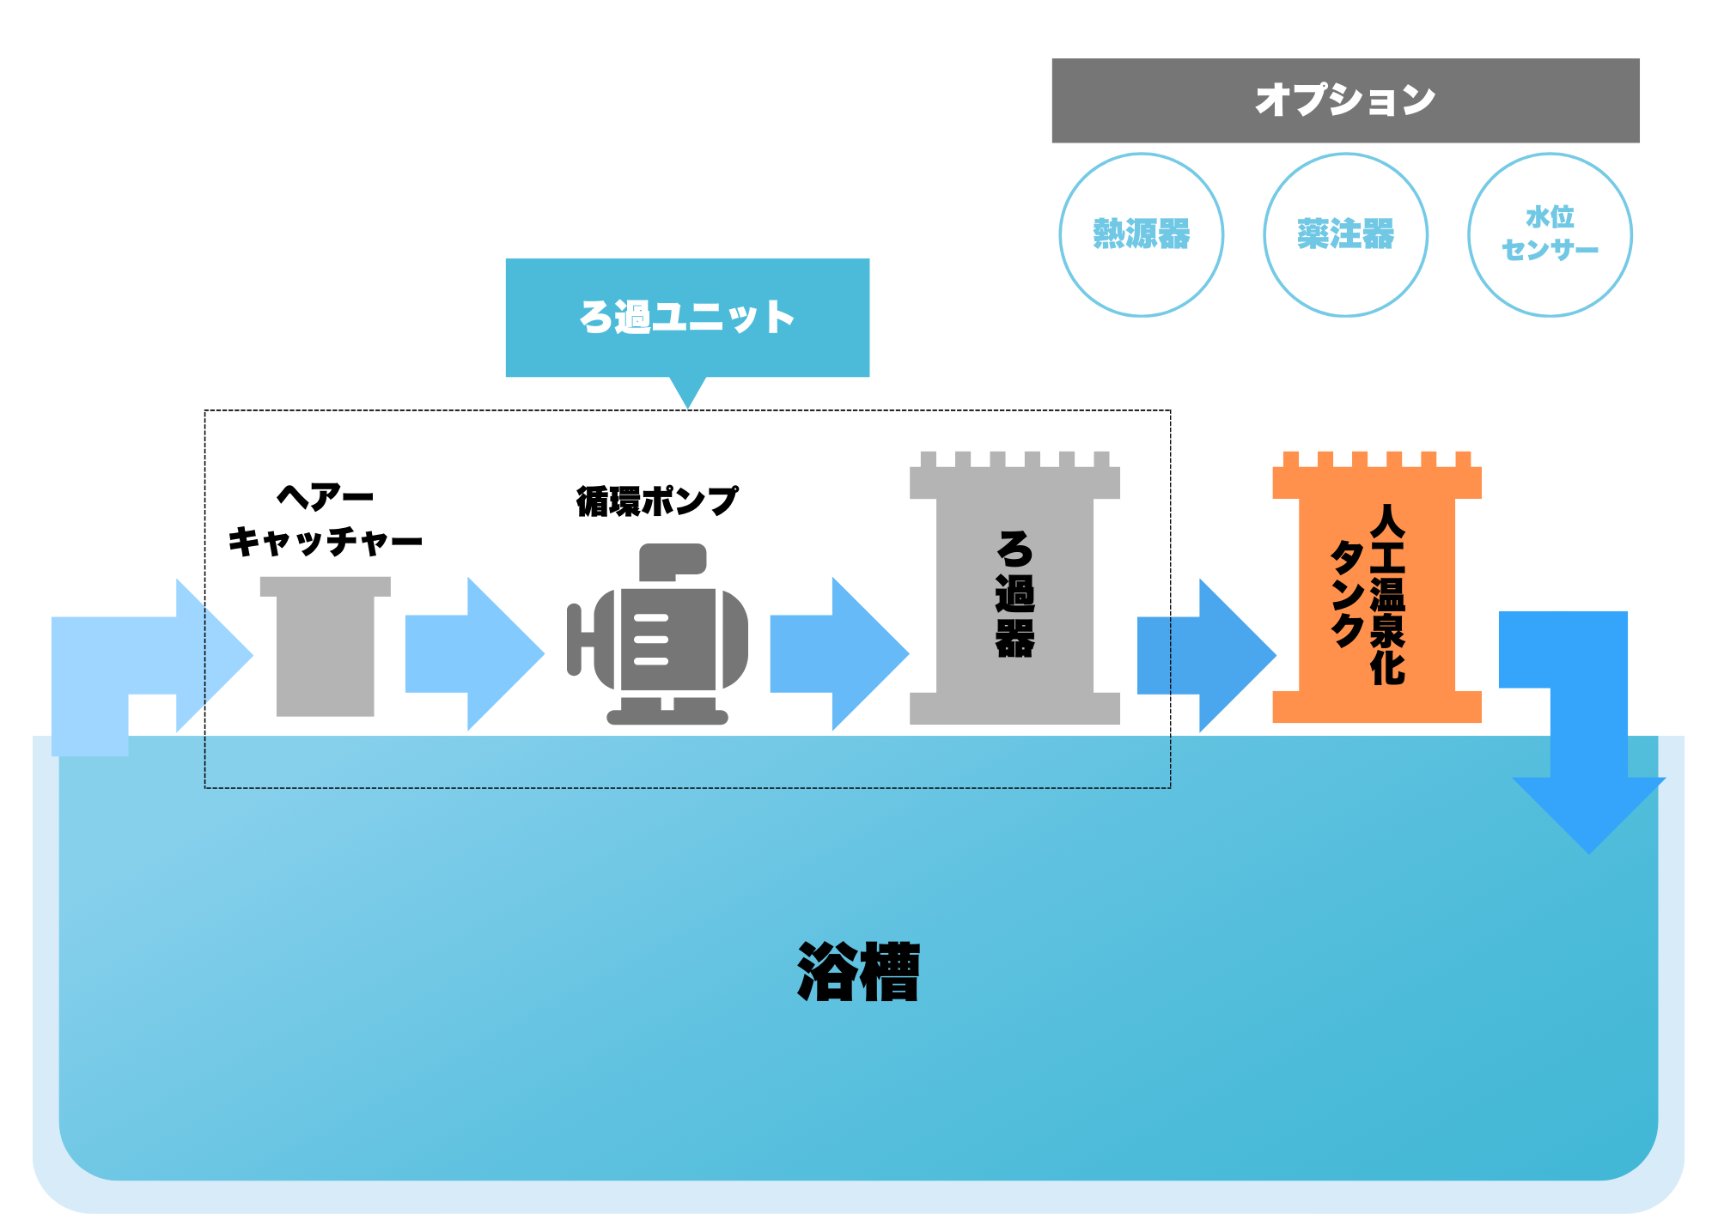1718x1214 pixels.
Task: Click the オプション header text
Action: click(1345, 100)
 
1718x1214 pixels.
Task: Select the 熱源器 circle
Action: click(1141, 234)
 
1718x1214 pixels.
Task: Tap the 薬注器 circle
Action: click(1345, 234)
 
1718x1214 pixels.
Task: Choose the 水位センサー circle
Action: click(1550, 234)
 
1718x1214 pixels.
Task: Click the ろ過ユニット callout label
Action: click(687, 317)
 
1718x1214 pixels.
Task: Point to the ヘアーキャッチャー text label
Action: click(325, 519)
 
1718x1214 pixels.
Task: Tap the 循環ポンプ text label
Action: click(656, 501)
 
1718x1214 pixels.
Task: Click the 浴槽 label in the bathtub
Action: click(858, 972)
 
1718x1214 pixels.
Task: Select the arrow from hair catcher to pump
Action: click(473, 653)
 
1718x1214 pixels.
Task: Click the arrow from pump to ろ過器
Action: click(838, 653)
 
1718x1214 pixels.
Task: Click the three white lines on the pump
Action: click(651, 640)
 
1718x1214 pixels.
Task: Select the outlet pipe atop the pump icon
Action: click(672, 561)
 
